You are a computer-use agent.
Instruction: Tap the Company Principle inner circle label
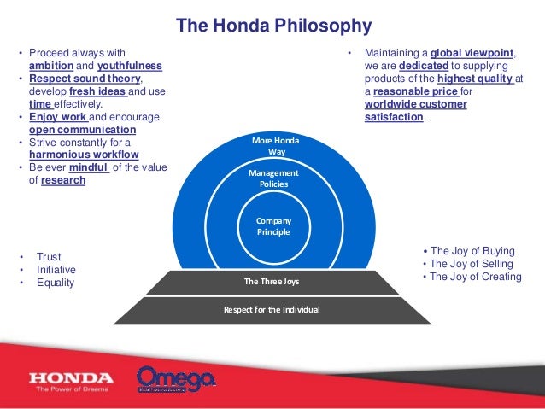pos(272,226)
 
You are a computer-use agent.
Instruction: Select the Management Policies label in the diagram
pos(272,178)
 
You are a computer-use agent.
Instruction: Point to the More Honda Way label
pos(272,145)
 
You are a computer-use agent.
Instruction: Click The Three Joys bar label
pos(272,281)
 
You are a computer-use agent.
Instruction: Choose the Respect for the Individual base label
pos(272,309)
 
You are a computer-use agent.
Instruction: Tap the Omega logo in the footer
pos(176,379)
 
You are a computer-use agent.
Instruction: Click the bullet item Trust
pos(49,256)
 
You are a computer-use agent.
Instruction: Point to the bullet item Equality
pos(55,283)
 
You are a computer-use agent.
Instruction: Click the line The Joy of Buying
pos(472,251)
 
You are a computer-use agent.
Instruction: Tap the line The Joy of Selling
pos(472,264)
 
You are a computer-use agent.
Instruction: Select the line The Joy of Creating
pos(476,277)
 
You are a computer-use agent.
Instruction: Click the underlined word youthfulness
pos(130,66)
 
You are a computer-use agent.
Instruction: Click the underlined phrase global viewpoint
pos(472,53)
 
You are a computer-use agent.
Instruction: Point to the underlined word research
pos(62,180)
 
